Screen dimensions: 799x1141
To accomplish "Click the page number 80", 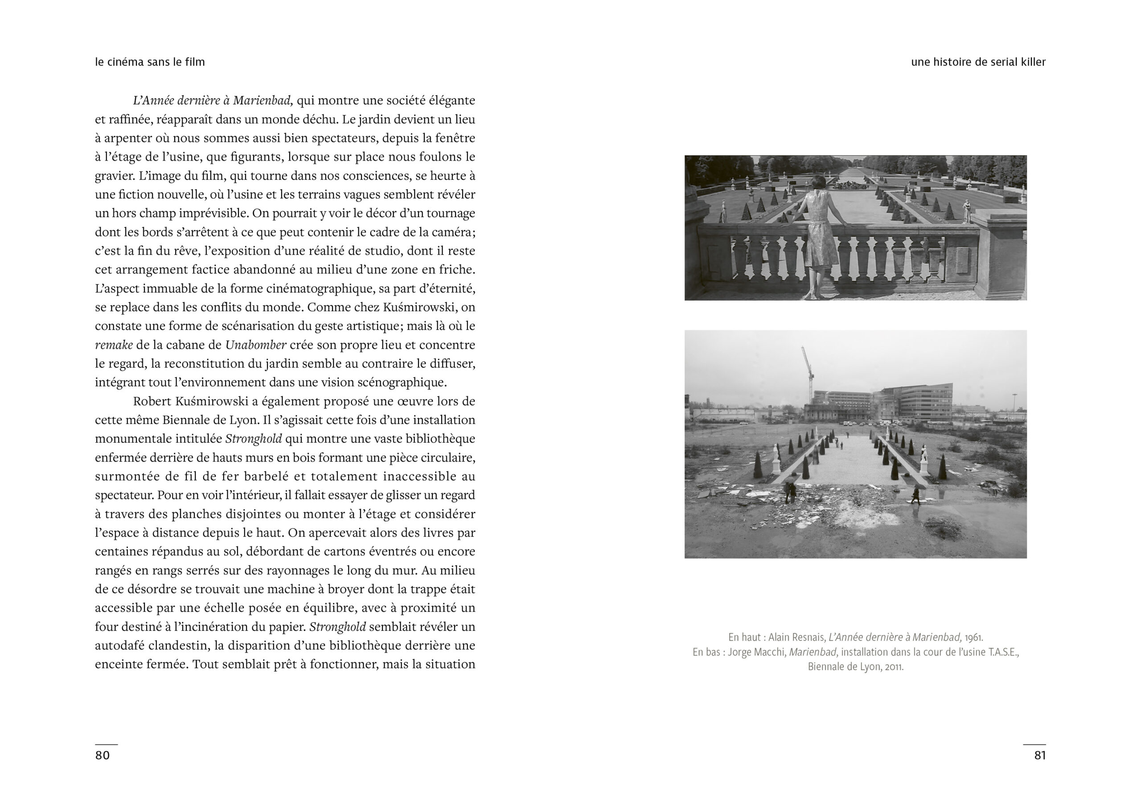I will tap(103, 755).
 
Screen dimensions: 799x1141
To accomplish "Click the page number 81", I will tap(1040, 755).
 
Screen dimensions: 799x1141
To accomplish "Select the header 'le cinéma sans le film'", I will tap(150, 62).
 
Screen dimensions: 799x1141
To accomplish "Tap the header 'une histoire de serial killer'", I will tap(978, 62).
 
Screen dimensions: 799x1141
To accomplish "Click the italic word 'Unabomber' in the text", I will tap(255, 345).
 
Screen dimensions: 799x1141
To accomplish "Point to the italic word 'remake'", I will tap(114, 345).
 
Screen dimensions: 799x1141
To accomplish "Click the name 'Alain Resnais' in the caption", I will tap(796, 638).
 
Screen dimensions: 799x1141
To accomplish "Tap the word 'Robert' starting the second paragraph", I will tap(152, 401).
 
